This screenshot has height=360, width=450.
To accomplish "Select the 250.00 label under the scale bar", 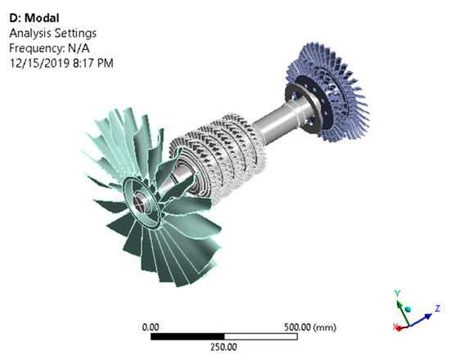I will [222, 346].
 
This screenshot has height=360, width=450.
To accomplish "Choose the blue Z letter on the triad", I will [438, 308].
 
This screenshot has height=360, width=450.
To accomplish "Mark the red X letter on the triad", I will [396, 327].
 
